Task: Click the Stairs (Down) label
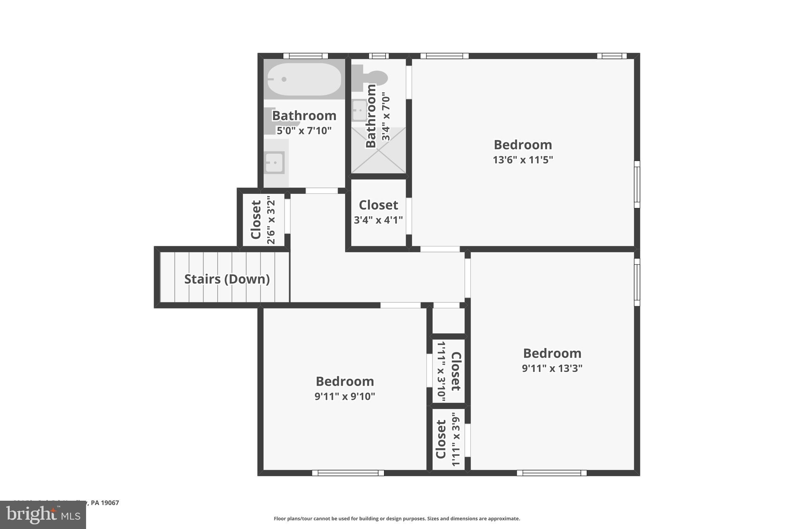point(227,279)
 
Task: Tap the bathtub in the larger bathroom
point(304,79)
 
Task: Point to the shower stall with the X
point(378,150)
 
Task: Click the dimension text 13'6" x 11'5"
point(523,160)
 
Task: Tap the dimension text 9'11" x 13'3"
point(552,368)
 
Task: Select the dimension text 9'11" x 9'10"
point(345,396)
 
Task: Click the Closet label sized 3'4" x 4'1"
point(378,205)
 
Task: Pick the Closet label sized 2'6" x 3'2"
point(256,220)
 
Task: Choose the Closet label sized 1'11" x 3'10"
point(456,371)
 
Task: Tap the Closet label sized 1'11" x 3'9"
point(441,439)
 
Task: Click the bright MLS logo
point(43,515)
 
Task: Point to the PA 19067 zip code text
point(105,503)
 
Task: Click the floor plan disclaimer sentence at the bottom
point(397,519)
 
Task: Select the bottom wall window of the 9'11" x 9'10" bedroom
point(348,473)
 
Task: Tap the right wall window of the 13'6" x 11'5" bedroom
point(637,184)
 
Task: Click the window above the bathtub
point(306,56)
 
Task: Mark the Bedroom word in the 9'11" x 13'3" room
point(552,353)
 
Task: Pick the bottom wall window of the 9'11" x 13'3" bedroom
point(551,473)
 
